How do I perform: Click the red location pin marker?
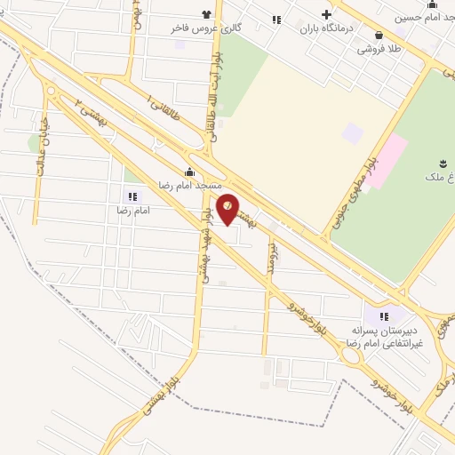[228, 208]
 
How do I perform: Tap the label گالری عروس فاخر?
[206, 28]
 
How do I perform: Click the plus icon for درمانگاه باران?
[326, 15]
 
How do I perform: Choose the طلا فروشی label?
[379, 48]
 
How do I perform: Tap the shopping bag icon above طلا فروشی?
[379, 36]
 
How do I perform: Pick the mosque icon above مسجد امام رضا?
[189, 172]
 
